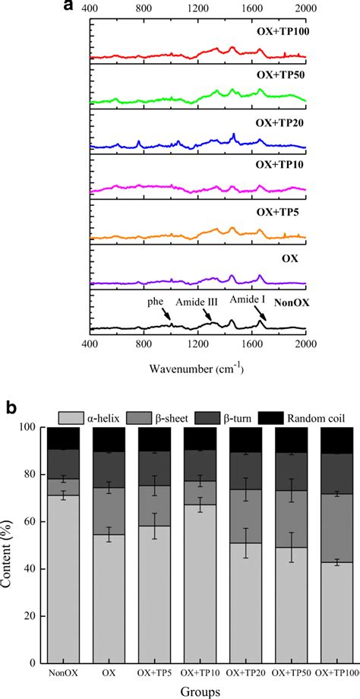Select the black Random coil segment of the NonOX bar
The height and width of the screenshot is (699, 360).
click(65, 438)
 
